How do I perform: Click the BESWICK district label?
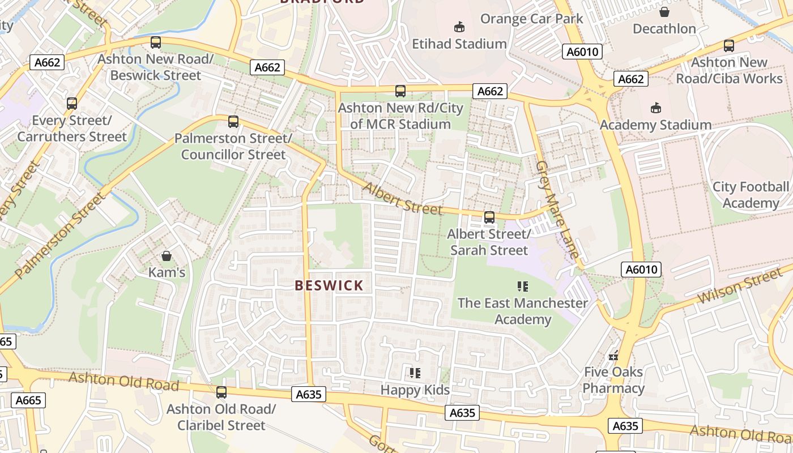pos(329,285)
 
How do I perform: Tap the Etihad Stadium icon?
pos(459,27)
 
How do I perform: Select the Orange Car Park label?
pos(531,19)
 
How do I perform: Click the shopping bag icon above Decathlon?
pos(664,11)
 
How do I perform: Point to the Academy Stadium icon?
pos(655,108)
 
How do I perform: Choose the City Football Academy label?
pos(751,195)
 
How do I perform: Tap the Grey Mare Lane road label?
pos(558,210)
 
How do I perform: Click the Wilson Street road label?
pos(739,286)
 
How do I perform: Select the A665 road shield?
pos(28,400)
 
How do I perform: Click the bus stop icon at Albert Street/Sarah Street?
pos(489,217)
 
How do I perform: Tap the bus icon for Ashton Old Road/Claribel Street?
pos(221,392)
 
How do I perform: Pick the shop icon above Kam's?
pos(167,256)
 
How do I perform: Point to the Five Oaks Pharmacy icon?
pos(613,356)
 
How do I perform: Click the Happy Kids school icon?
pos(415,373)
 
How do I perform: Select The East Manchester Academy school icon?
pos(522,286)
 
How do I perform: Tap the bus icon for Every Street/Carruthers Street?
pos(72,103)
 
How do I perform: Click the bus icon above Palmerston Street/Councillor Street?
pos(233,121)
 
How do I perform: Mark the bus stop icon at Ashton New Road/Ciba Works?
pos(729,46)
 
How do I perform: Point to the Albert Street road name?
pos(402,199)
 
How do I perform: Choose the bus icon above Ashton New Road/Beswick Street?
pos(156,42)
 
